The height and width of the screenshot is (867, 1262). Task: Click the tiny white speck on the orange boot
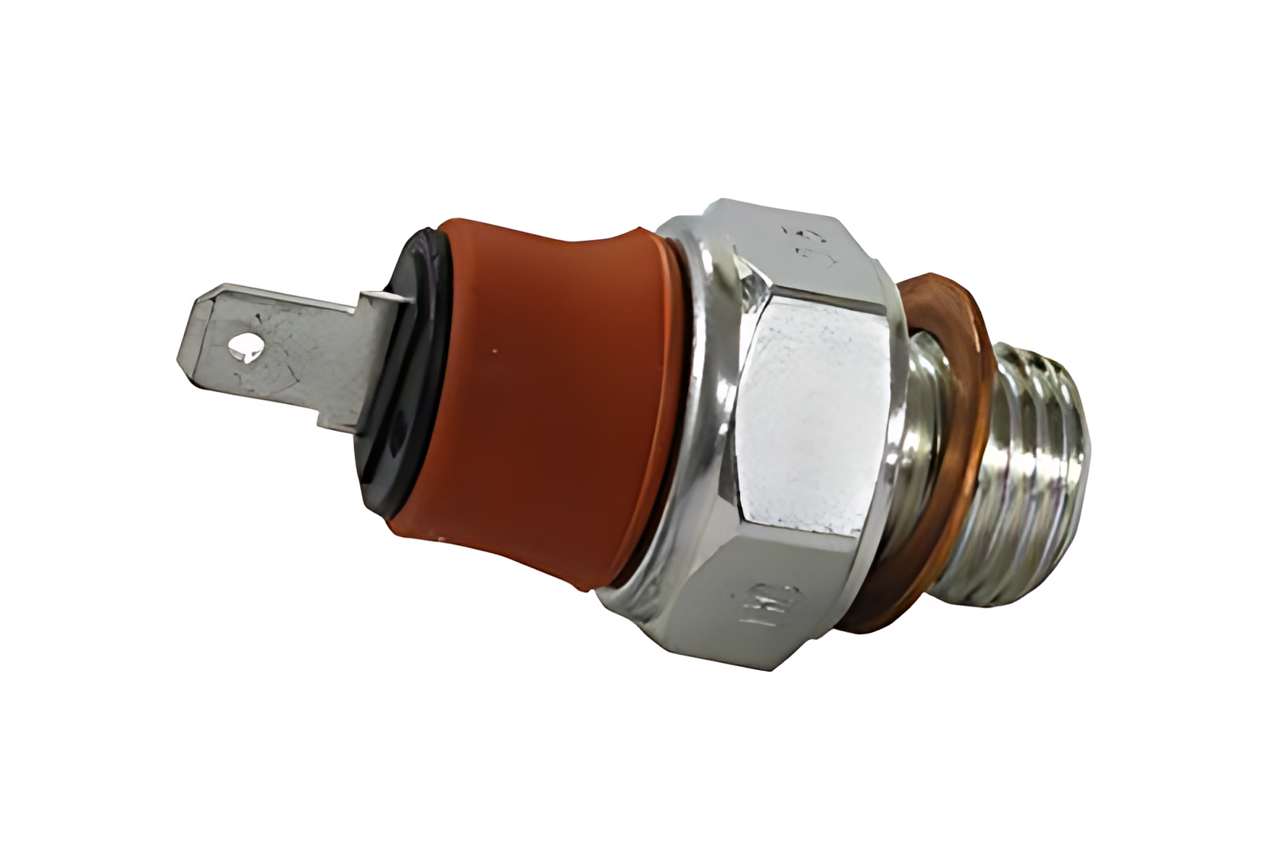(x=494, y=349)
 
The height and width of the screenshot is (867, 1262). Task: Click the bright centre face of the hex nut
(x=821, y=414)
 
